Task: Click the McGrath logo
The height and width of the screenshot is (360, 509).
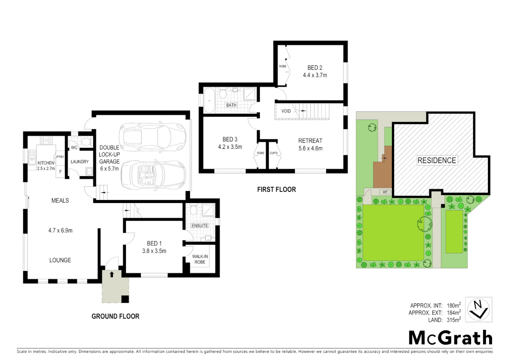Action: coord(450,338)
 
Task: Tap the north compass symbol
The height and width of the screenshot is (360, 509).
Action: coord(478,309)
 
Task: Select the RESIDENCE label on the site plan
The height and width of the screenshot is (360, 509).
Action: coord(436,160)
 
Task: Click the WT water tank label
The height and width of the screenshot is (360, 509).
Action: coord(385,192)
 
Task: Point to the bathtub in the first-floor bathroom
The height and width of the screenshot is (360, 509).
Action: coord(210,100)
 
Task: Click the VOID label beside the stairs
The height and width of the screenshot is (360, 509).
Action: coord(286,111)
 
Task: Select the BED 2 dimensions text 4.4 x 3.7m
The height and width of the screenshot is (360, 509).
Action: coord(315,75)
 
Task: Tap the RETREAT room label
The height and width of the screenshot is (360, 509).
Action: coord(310,141)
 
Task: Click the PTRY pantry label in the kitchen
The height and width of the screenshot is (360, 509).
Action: coord(60,157)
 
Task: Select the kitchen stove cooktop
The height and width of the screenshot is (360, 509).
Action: coord(46,140)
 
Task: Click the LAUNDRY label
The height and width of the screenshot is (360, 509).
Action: coord(80,162)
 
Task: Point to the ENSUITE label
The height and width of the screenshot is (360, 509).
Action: coord(200,226)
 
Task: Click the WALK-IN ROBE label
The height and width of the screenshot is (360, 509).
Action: coord(200,259)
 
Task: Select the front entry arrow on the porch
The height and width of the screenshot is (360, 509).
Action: coord(112,274)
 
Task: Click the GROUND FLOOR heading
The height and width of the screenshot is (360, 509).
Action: coord(115,316)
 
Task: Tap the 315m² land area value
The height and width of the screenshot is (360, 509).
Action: coord(454,320)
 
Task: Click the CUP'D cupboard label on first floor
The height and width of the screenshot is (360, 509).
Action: coord(273,153)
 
